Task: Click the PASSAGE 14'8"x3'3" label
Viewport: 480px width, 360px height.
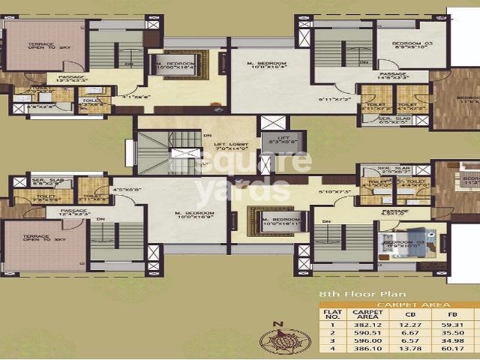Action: tap(391, 76)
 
